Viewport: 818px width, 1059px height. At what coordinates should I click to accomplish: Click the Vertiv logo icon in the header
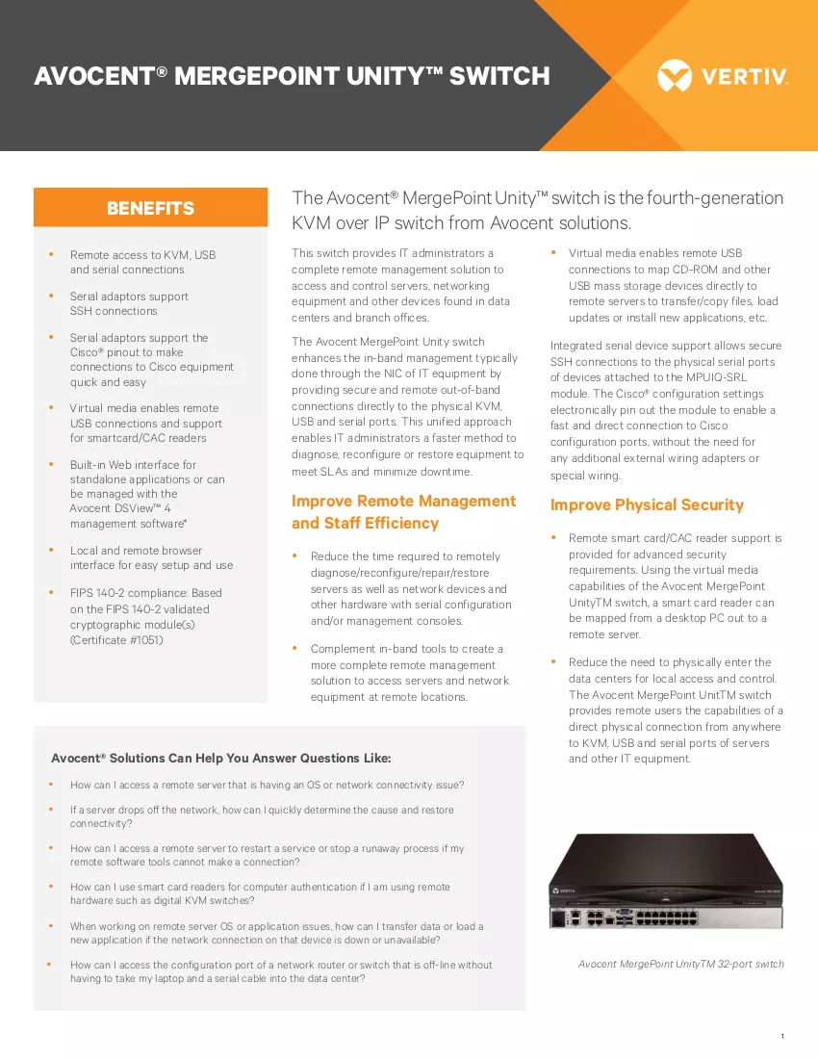(675, 76)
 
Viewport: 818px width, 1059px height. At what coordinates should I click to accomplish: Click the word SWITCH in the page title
(499, 76)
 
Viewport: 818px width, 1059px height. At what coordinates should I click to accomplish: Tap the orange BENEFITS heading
(150, 208)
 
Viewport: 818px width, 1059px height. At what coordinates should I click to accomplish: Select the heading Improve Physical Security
(647, 504)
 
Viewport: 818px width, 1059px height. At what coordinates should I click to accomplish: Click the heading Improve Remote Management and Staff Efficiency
(403, 512)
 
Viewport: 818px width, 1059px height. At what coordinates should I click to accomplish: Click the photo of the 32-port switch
(666, 881)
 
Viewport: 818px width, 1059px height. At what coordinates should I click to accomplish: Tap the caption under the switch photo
(681, 964)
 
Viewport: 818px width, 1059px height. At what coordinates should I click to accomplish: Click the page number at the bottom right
(782, 1036)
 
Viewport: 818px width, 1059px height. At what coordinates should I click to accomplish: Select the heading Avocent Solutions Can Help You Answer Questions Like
(221, 758)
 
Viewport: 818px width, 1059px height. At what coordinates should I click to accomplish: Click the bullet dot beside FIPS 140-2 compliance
(51, 592)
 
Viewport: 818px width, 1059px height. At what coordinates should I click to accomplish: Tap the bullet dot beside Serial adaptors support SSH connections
(51, 296)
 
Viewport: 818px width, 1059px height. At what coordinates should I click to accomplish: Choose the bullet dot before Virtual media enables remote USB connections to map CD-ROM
(553, 252)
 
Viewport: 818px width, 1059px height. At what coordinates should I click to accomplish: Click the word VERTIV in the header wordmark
(745, 76)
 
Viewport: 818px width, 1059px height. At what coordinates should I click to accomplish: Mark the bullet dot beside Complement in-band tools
(294, 648)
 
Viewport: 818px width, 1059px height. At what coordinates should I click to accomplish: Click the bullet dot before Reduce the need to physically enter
(553, 661)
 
